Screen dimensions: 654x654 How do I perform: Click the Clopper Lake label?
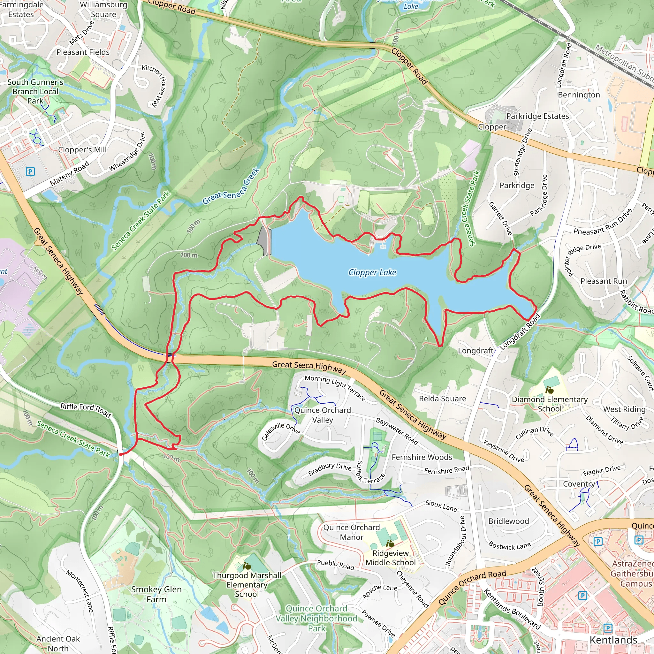point(372,272)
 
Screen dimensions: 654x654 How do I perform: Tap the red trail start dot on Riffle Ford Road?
point(121,454)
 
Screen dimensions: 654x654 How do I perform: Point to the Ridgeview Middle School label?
point(390,558)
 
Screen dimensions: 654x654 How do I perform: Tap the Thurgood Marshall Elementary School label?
point(247,585)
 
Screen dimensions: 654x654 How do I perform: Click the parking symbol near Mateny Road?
point(30,171)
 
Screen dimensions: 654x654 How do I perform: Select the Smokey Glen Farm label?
point(156,594)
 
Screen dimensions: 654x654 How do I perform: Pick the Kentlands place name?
point(613,640)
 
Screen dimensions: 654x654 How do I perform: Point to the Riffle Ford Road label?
point(86,410)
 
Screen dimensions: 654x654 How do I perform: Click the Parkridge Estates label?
point(537,116)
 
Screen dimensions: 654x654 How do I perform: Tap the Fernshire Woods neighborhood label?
point(422,457)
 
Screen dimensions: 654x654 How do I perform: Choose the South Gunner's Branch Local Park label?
point(35,91)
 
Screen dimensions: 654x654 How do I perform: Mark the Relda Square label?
point(442,399)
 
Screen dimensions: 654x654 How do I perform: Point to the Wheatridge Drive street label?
point(127,152)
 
